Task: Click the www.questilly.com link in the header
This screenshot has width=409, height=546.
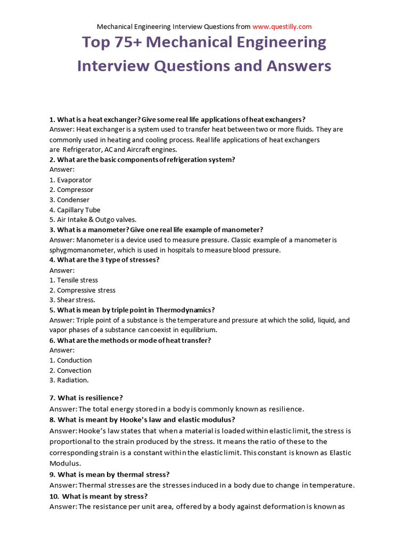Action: coord(282,26)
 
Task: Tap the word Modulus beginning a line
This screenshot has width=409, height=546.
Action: coord(65,463)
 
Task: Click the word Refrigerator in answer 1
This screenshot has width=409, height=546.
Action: coord(83,150)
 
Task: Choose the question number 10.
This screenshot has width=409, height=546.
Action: coord(54,496)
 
